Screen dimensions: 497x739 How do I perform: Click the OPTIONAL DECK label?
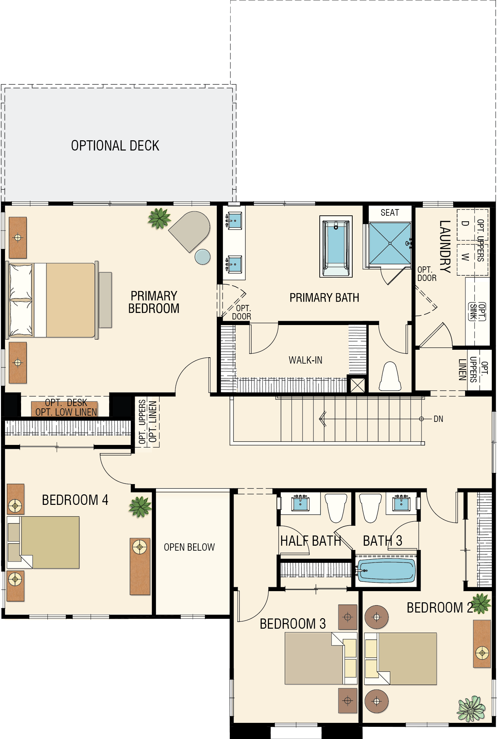point(115,146)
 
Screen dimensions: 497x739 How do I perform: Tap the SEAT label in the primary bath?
point(390,213)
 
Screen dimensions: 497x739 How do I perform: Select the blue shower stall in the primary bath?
point(390,243)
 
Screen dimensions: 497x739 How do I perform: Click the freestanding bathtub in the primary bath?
point(336,246)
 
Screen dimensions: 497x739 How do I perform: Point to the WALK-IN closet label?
point(306,360)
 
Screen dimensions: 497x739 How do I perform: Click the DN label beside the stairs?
point(438,419)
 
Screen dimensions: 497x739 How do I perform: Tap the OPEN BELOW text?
point(189,547)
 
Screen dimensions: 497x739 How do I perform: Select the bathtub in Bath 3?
point(386,571)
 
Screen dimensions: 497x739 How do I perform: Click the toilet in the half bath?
point(336,508)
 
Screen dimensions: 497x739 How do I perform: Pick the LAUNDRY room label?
point(445,247)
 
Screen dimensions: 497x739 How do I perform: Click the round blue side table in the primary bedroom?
point(202,257)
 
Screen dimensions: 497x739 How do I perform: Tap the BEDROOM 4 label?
point(75,500)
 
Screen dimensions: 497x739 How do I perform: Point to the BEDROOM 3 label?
point(293,624)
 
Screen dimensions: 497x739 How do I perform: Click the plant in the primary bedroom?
point(160,218)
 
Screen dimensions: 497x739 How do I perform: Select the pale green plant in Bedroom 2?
point(471,709)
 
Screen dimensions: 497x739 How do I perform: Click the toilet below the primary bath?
point(390,376)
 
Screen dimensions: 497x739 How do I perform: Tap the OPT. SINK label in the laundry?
point(477,312)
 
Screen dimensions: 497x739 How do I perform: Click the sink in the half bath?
point(300,504)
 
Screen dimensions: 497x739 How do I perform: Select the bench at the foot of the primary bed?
point(105,300)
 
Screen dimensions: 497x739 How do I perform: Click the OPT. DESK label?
point(66,402)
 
